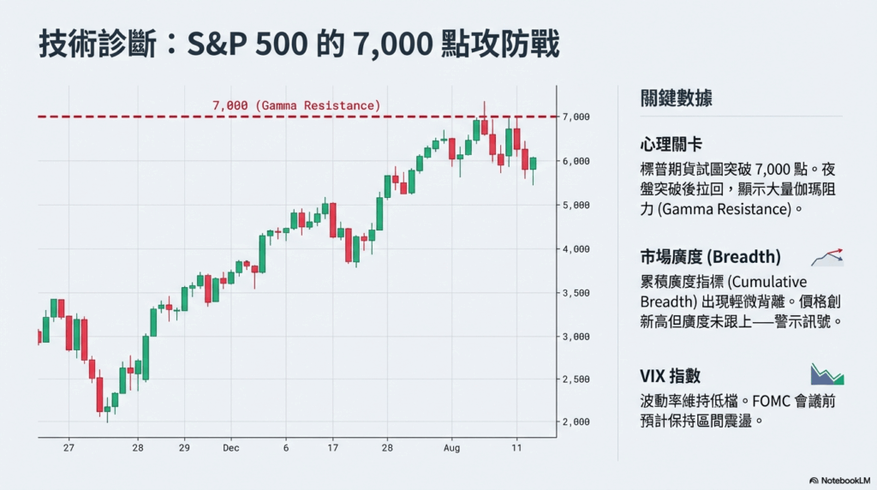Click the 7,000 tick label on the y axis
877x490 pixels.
click(576, 117)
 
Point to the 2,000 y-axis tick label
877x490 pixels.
click(576, 421)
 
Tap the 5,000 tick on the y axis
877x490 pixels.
click(576, 205)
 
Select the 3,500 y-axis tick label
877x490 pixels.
click(576, 293)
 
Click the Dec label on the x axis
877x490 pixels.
click(230, 447)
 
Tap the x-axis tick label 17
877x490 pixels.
click(332, 447)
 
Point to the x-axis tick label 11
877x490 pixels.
click(516, 447)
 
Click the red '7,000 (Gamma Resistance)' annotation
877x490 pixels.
click(295, 105)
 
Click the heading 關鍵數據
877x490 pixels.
click(676, 98)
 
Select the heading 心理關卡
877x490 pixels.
click(671, 143)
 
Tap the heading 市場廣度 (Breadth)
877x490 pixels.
click(710, 257)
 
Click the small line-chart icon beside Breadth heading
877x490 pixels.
click(827, 256)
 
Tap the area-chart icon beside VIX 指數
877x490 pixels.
click(827, 373)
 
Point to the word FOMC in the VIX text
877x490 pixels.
click(775, 400)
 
